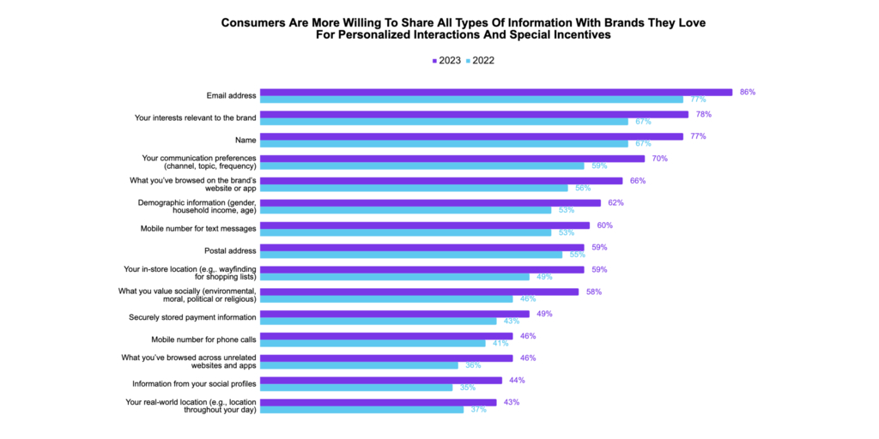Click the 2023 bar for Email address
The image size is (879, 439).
coord(495,92)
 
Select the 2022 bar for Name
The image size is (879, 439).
coord(444,143)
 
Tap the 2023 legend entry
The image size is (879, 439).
coord(448,61)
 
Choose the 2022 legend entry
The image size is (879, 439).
coord(480,61)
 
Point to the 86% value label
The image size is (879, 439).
coord(747,92)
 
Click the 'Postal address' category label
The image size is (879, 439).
coord(230,251)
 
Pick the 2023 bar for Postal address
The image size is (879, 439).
coord(421,248)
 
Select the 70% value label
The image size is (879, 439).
coord(659,159)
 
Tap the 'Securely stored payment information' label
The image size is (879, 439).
coord(187,317)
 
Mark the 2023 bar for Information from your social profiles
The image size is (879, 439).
coord(380,380)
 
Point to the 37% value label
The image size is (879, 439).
coord(477,410)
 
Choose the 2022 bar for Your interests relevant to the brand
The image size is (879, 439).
coord(444,121)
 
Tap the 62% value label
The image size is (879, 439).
coord(615,203)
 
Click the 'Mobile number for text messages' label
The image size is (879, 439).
coord(197,229)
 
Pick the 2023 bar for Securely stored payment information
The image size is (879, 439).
coord(394,314)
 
